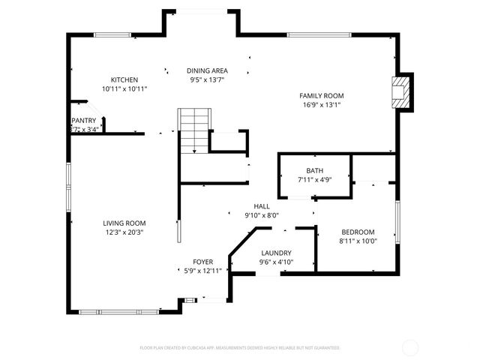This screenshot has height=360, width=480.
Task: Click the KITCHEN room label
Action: click(124, 79)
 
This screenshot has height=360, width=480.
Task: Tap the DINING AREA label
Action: click(207, 70)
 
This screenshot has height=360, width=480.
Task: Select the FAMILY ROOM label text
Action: click(321, 96)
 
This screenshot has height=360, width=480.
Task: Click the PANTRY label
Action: click(84, 120)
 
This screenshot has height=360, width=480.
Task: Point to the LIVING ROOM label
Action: click(124, 223)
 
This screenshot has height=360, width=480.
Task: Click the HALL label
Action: click(262, 206)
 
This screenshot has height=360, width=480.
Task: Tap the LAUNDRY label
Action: click(276, 253)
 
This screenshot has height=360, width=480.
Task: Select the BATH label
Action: click(314, 170)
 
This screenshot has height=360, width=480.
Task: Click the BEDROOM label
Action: click(358, 232)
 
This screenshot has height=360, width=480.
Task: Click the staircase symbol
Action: click(193, 130)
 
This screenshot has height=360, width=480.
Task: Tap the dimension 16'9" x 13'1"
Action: click(321, 105)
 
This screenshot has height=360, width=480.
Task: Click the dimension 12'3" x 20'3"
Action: click(124, 232)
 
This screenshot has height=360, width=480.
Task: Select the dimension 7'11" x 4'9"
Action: click(314, 179)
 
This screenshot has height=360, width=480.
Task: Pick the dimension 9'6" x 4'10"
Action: click(276, 262)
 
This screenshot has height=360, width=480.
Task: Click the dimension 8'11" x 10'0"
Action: click(358, 241)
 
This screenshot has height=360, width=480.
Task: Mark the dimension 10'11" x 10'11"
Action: click(124, 88)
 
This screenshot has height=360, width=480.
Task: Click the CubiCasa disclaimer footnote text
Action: click(240, 348)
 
